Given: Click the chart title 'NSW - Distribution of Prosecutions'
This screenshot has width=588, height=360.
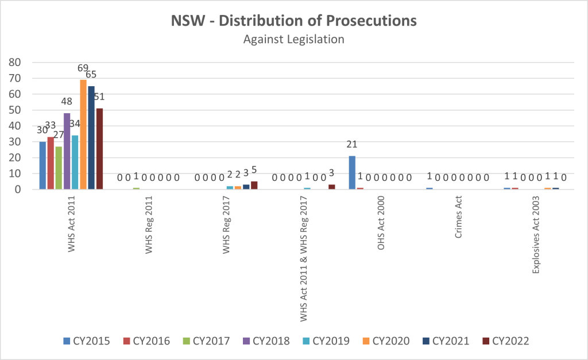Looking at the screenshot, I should (293, 21).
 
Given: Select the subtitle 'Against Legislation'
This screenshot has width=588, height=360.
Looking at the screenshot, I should (293, 40).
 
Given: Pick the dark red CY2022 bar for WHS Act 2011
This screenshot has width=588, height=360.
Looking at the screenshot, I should (99, 149).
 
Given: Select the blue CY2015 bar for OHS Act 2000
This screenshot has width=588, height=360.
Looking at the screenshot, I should (352, 172).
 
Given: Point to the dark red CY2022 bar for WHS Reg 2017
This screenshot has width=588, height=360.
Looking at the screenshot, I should (254, 185).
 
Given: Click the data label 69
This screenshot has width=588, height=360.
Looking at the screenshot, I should (83, 68).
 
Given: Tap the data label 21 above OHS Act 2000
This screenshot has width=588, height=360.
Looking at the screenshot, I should (352, 144).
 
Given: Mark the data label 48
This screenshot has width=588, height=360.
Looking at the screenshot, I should (67, 102).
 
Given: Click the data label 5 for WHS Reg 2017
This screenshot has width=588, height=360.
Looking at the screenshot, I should (254, 170).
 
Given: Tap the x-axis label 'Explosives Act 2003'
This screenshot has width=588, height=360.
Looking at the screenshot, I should (535, 233).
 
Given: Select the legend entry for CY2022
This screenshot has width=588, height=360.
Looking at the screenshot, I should (505, 341).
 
